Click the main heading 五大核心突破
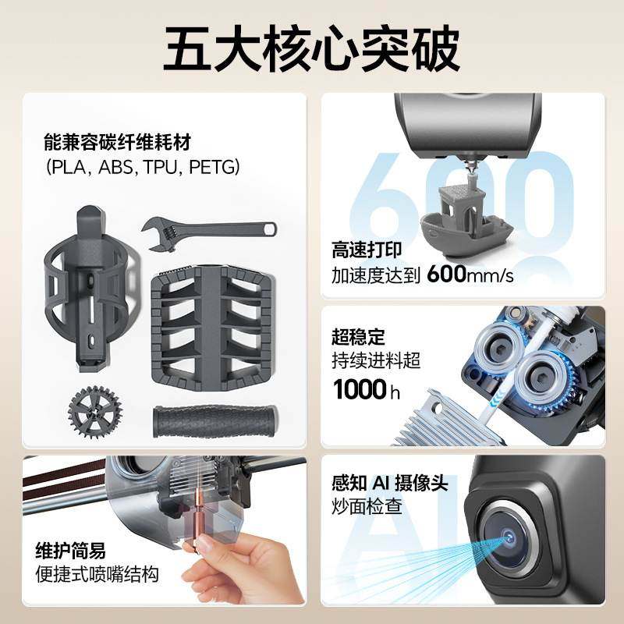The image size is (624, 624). tap(312, 49)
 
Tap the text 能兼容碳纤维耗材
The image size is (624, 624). tap(118, 144)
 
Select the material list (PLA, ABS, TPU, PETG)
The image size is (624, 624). tap(142, 167)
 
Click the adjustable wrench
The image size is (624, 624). tap(208, 230)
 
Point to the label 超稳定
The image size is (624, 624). tap(359, 337)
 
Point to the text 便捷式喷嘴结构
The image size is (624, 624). tap(97, 576)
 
